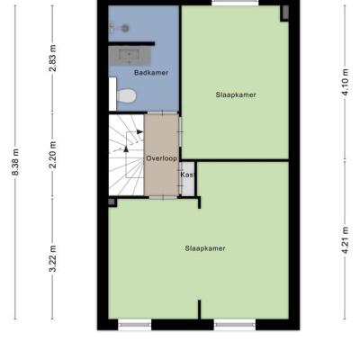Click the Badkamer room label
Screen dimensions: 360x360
(151, 73)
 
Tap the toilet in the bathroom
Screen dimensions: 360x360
(127, 96)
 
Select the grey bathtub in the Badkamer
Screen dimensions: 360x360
(129, 55)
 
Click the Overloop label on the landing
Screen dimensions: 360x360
(161, 158)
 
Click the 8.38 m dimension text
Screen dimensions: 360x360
(15, 162)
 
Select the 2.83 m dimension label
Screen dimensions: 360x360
(53, 58)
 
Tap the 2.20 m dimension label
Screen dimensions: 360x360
(53, 155)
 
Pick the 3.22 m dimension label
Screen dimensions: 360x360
(53, 258)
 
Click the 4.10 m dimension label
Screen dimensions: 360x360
(346, 82)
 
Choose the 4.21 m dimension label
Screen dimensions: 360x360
(346, 240)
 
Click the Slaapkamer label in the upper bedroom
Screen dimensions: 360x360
(236, 94)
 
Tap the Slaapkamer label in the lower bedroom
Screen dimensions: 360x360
(205, 248)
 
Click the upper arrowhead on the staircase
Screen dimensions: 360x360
(139, 131)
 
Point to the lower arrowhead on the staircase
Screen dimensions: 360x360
(126, 148)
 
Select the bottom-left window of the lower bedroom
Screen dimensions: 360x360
(135, 325)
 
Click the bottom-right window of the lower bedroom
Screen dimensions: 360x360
(235, 325)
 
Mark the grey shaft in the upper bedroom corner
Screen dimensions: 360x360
(284, 13)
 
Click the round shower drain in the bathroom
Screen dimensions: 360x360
(125, 29)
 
